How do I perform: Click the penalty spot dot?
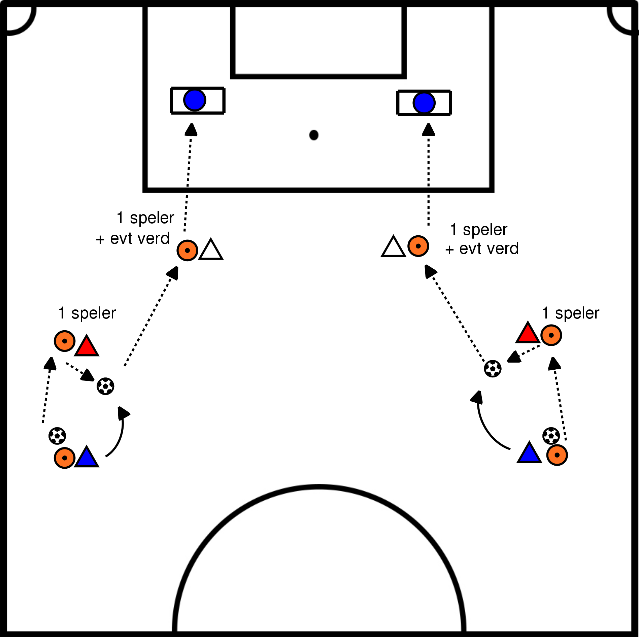pyautogui.click(x=314, y=135)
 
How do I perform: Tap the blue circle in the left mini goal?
pyautogui.click(x=195, y=100)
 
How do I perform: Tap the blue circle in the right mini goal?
pyautogui.click(x=424, y=103)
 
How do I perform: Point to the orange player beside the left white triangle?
pyautogui.click(x=187, y=250)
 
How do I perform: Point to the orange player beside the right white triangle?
pyautogui.click(x=418, y=246)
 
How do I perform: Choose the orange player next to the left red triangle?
pyautogui.click(x=64, y=341)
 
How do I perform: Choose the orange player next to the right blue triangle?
pyautogui.click(x=557, y=455)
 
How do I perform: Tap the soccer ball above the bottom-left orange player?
pyautogui.click(x=57, y=436)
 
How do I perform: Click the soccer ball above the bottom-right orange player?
pyautogui.click(x=551, y=436)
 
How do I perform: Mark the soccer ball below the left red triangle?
pyautogui.click(x=105, y=386)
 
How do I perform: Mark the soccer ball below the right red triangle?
pyautogui.click(x=493, y=369)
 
